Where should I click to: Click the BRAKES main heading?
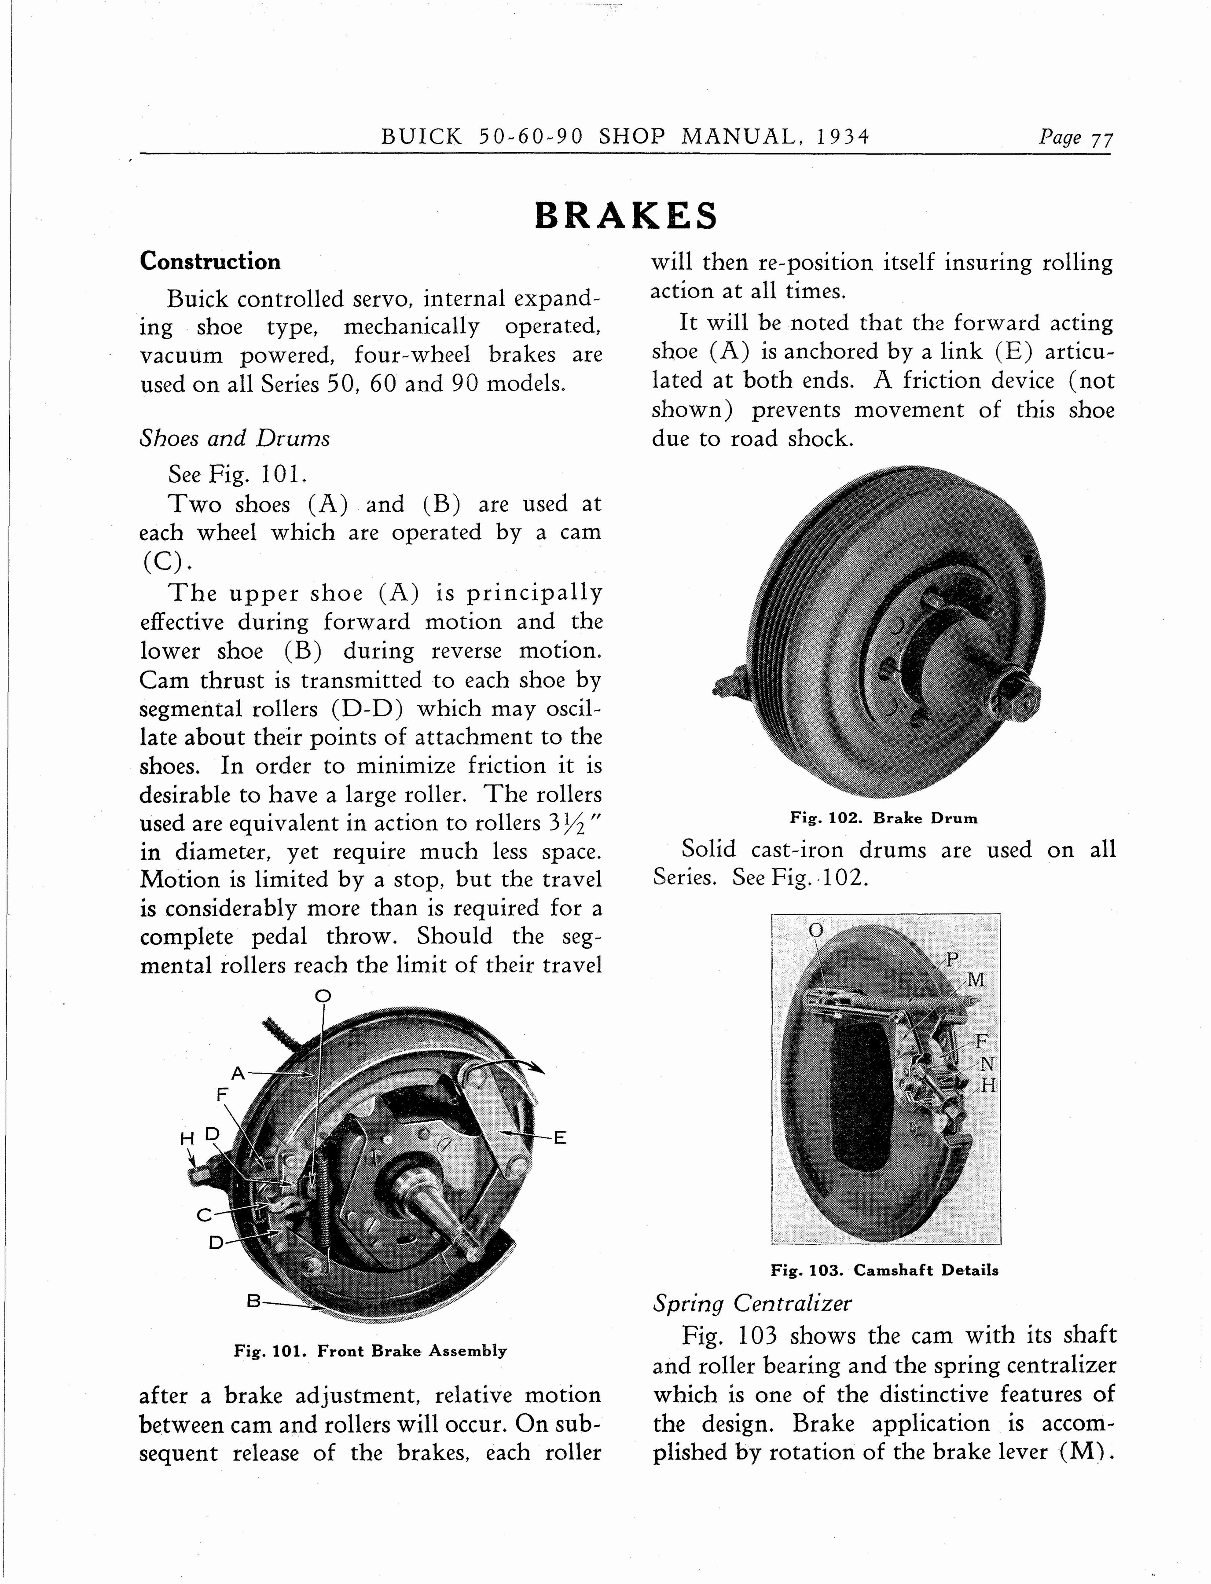pos(626,216)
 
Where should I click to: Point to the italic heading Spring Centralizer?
pos(752,1303)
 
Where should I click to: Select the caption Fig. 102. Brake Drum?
pos(884,818)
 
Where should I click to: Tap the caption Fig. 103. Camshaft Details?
pos(884,1270)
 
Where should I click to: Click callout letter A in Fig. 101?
pos(239,1073)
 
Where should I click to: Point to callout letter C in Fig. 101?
pos(204,1215)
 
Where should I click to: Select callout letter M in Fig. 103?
pos(975,980)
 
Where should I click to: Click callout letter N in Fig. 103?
pos(987,1063)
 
